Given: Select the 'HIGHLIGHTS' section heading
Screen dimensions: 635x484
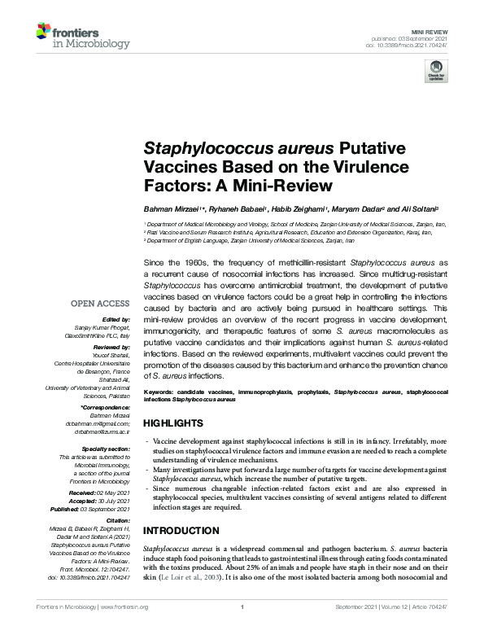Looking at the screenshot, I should (172, 424).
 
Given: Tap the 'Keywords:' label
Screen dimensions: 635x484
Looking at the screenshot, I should (161, 392).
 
